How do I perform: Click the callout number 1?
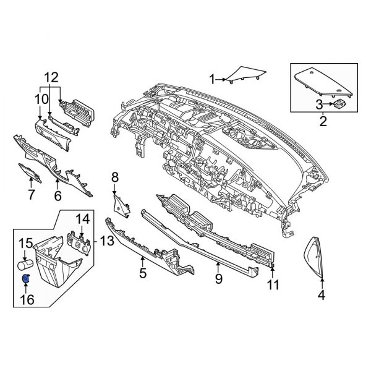click(x=212, y=79)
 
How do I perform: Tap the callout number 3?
click(x=320, y=103)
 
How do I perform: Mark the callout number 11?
click(x=273, y=285)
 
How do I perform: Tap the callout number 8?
click(x=114, y=178)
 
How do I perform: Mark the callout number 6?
click(x=58, y=196)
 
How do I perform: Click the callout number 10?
click(x=40, y=98)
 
